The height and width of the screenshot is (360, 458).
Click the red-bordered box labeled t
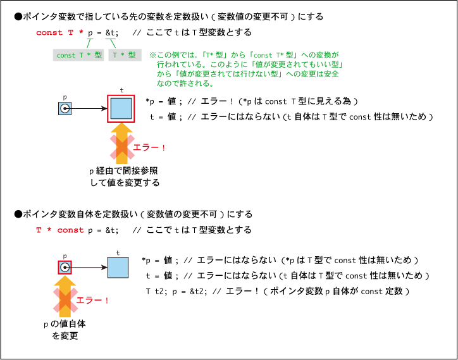click(121, 109)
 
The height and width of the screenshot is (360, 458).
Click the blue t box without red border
click(118, 268)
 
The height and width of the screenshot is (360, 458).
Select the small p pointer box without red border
click(65, 109)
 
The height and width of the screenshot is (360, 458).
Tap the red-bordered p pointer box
click(65, 268)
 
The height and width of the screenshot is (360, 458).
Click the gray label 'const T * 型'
click(78, 55)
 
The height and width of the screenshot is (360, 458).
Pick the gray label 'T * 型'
click(125, 55)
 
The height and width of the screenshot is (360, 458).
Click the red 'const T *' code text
click(60, 32)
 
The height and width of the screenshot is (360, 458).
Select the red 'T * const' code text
click(60, 230)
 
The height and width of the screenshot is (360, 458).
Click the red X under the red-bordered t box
click(122, 147)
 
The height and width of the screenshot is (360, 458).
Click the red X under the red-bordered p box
click(65, 300)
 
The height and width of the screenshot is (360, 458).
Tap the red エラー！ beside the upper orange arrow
click(149, 147)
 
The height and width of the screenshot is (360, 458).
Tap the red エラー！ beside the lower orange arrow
click(93, 301)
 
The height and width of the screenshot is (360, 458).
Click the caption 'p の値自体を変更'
click(65, 330)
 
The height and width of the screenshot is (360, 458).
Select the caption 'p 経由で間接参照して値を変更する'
click(125, 177)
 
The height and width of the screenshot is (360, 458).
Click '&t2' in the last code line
click(197, 292)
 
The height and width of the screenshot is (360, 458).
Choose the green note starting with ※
click(245, 69)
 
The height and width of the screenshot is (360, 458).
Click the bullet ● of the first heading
click(18, 16)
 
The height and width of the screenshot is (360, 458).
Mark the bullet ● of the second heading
click(18, 214)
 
